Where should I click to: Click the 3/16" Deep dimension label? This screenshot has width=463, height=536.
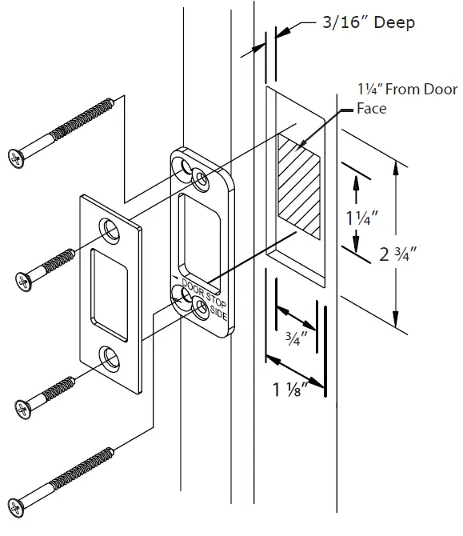tap(369, 22)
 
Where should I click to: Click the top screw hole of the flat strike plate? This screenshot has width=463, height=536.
tap(107, 229)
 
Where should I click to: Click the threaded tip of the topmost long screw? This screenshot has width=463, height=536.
tap(112, 101)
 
